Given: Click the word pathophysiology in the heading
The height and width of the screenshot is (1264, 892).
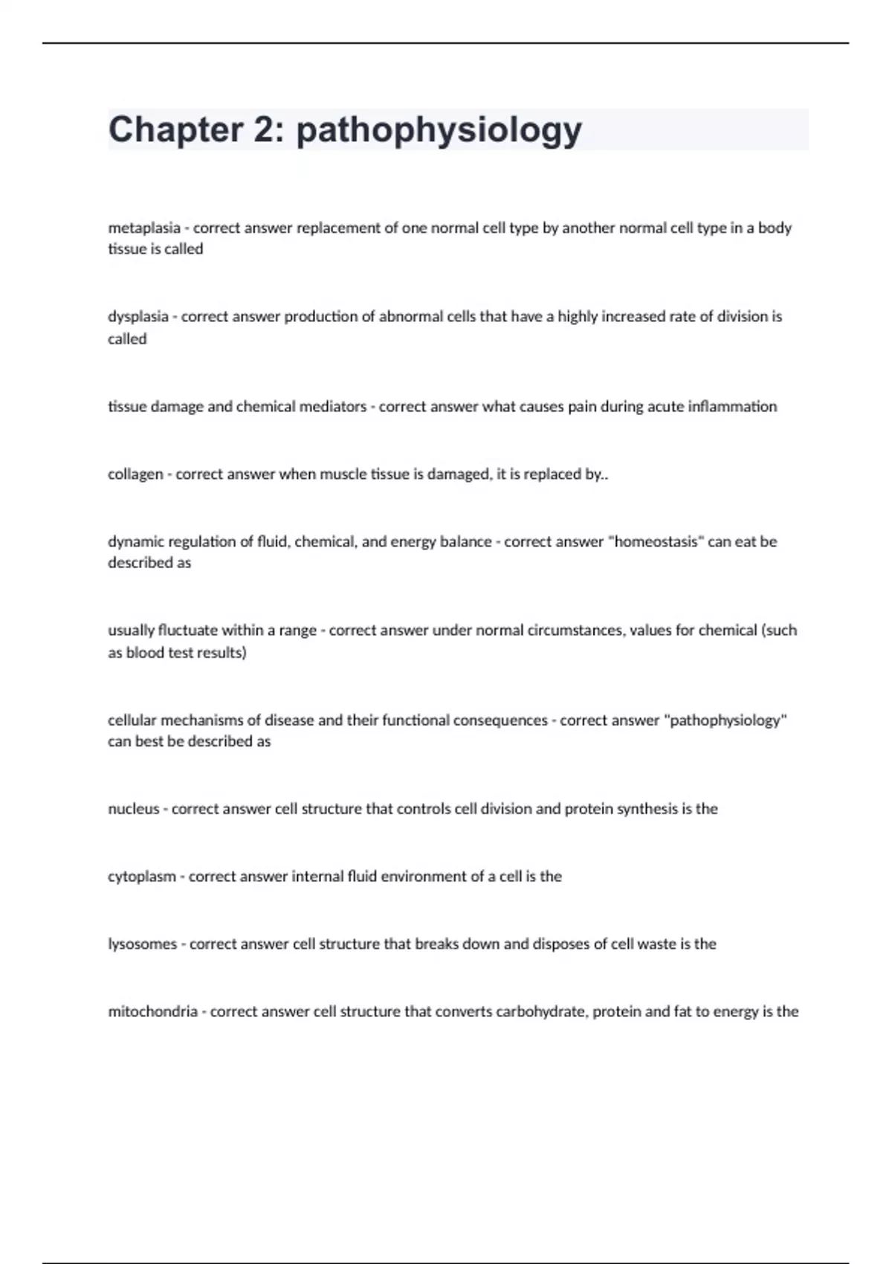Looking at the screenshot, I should (x=439, y=131).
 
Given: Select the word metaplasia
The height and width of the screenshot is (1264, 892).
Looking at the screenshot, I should (x=144, y=228).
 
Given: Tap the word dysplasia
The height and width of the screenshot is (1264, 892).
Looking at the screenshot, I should (x=138, y=317).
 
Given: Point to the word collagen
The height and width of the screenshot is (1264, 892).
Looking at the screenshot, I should (x=135, y=474).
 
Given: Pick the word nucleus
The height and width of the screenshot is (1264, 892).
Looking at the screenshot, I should (x=134, y=809).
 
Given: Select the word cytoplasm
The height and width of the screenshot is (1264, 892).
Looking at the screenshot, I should (x=142, y=877).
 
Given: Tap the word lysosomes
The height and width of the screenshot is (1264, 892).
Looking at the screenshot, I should (x=143, y=944).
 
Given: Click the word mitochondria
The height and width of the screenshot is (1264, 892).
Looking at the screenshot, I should (x=153, y=1012).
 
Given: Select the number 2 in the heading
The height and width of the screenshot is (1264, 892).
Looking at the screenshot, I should (x=263, y=129).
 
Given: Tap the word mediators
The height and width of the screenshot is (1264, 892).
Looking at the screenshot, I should (x=332, y=407).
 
